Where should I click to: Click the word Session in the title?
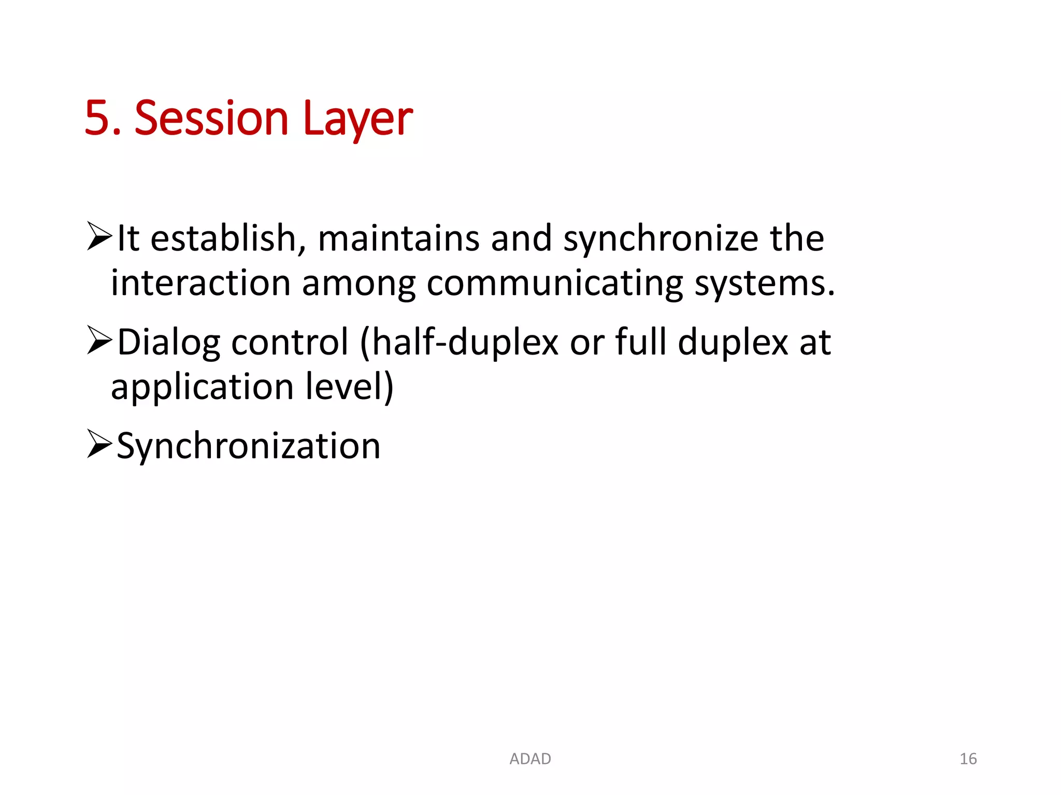point(211,119)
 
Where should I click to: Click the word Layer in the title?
point(358,119)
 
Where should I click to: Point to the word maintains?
point(398,239)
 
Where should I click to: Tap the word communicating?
point(555,284)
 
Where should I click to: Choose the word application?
point(203,388)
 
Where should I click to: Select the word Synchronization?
point(249,447)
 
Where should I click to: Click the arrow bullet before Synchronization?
point(99,444)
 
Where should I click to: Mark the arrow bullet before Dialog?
point(99,340)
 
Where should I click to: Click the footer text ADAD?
point(530,759)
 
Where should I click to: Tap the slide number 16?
point(968,759)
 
